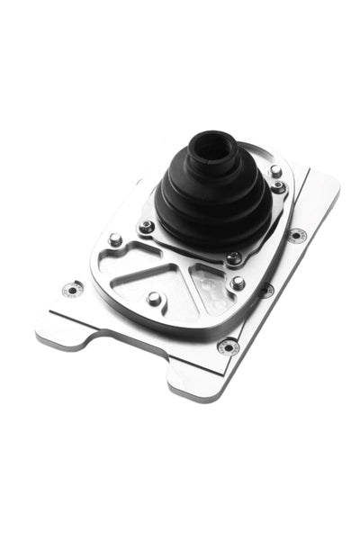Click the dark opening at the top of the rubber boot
coord(212,143)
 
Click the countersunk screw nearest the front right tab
coord(229,346)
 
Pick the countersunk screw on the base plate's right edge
coord(296,235)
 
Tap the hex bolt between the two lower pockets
coord(154,297)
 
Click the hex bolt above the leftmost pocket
coord(115,240)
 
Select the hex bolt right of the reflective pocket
coord(238,283)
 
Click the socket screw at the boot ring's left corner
coord(147,226)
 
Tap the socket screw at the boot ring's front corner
coord(233,258)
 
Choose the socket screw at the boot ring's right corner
coord(279,187)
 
